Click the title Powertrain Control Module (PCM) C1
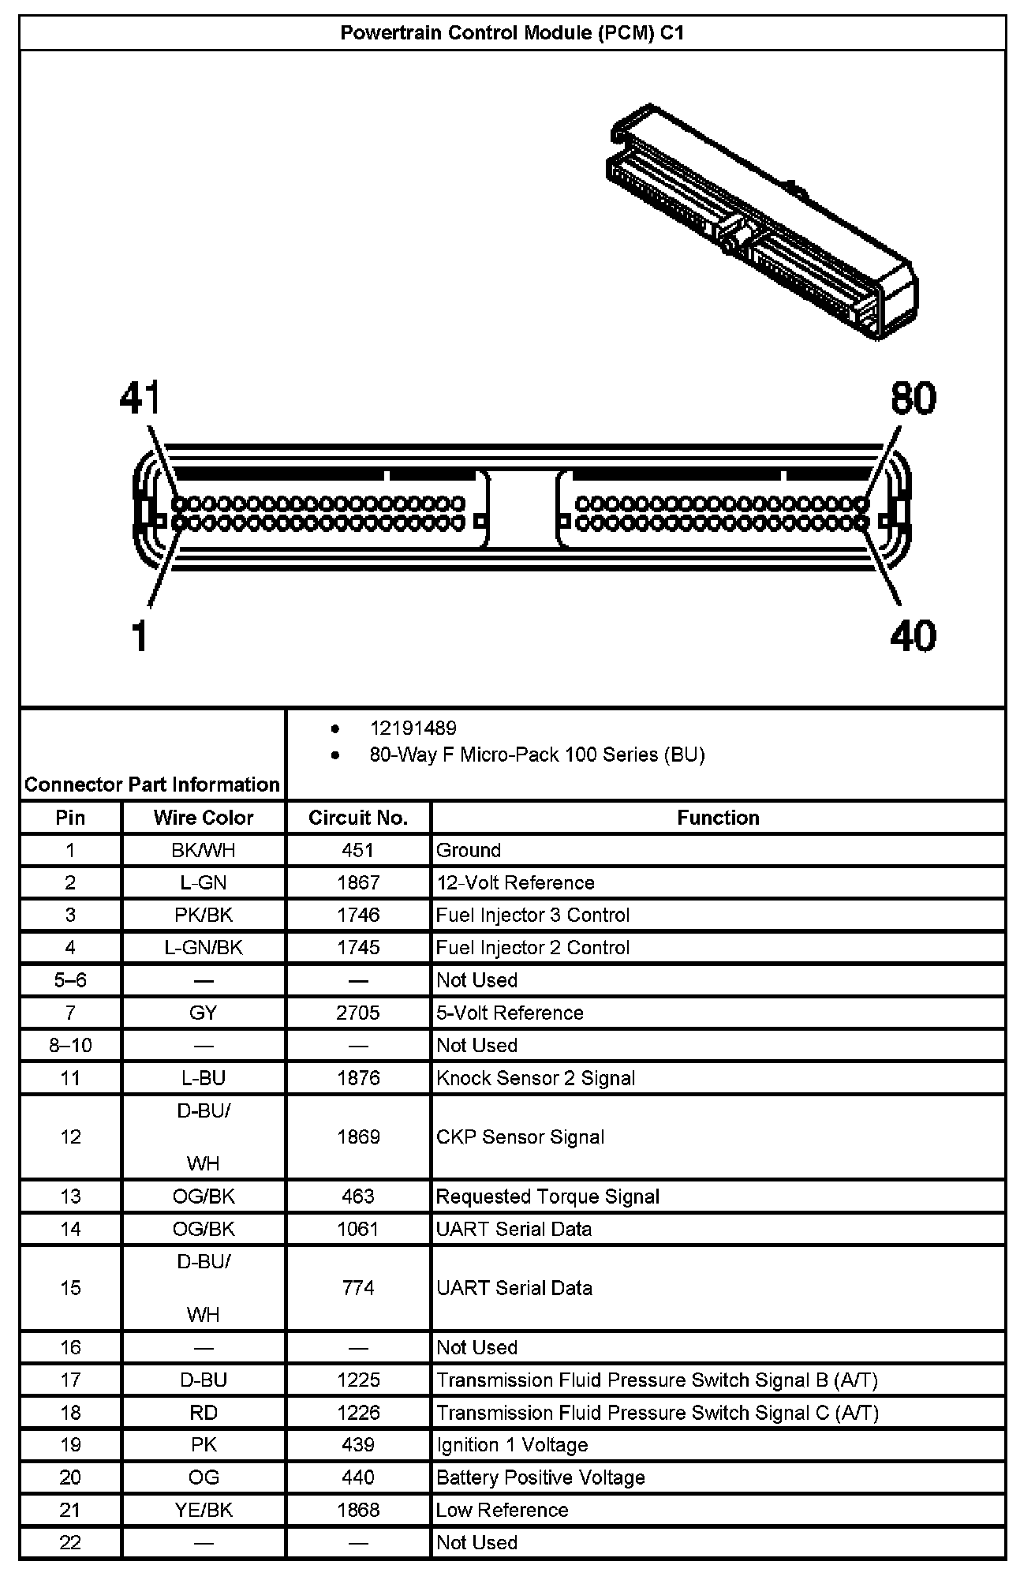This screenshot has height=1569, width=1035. click(x=512, y=33)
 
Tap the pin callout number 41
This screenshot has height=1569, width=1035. click(x=140, y=399)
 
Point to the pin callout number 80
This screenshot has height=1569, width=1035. click(x=913, y=399)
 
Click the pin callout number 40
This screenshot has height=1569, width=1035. click(x=913, y=636)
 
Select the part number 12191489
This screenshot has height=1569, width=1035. click(x=413, y=728)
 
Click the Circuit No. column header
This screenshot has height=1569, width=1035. click(x=358, y=818)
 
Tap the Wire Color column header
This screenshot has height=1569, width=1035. click(x=204, y=818)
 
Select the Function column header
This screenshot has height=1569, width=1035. click(x=718, y=818)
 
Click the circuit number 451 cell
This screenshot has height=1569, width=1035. click(x=358, y=850)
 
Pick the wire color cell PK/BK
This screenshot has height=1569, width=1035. click(x=204, y=915)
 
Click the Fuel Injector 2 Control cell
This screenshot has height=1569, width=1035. click(x=533, y=947)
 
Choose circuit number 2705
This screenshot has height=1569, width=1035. click(x=358, y=1013)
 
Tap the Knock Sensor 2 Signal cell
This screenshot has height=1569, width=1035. click(x=536, y=1078)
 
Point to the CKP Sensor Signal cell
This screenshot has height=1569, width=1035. click(x=521, y=1137)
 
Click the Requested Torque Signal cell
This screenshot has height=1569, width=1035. click(x=547, y=1196)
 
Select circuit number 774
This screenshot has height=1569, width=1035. click(x=358, y=1288)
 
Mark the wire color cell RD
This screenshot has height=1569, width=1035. click(x=204, y=1413)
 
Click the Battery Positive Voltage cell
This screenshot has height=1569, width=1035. click(x=540, y=1477)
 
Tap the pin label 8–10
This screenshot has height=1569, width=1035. click(x=71, y=1046)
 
